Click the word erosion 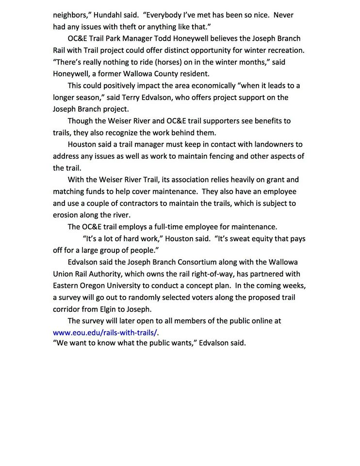click(x=65, y=215)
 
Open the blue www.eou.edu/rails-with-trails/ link click(x=105, y=333)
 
